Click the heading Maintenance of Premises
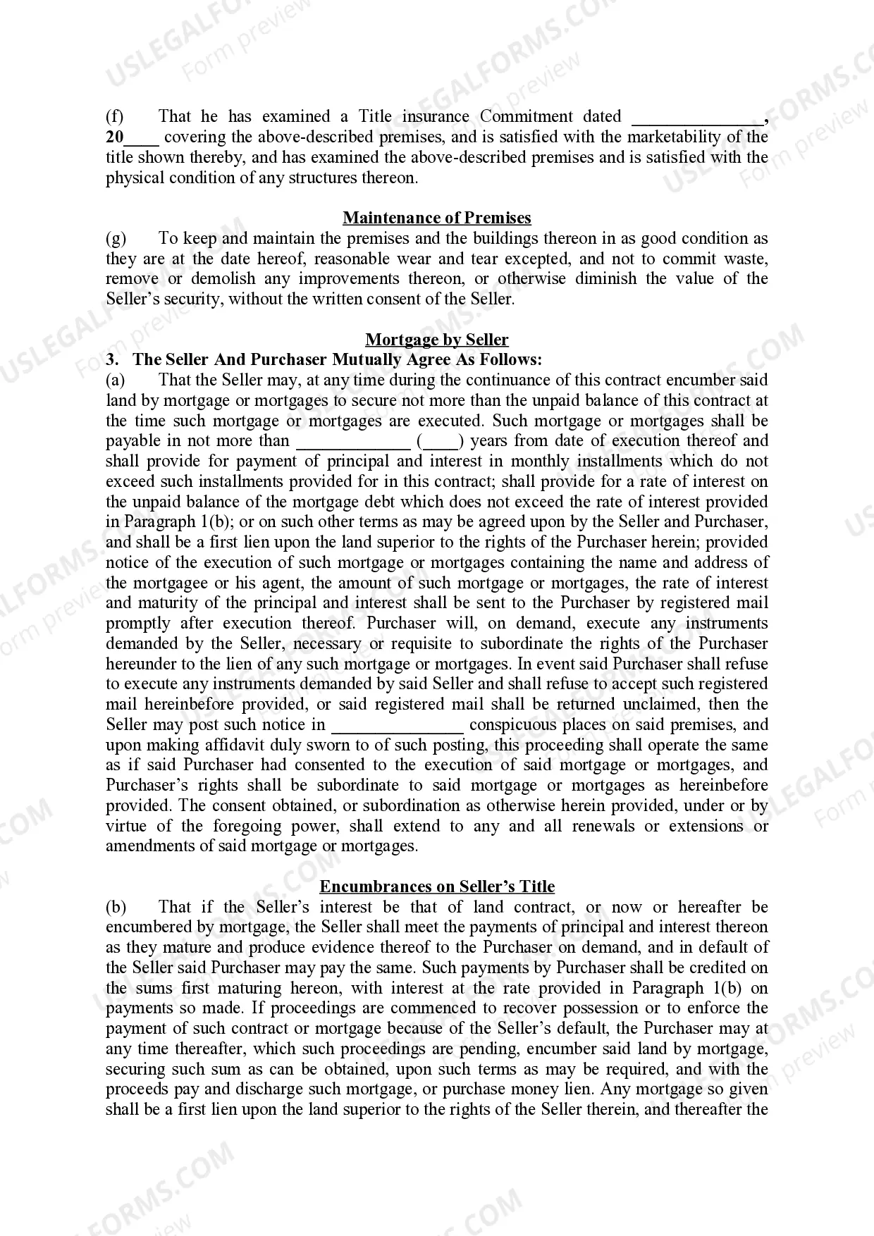click(437, 218)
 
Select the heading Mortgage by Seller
click(437, 340)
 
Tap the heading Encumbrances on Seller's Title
click(437, 886)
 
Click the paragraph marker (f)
click(114, 116)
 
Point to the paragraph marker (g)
click(116, 238)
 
